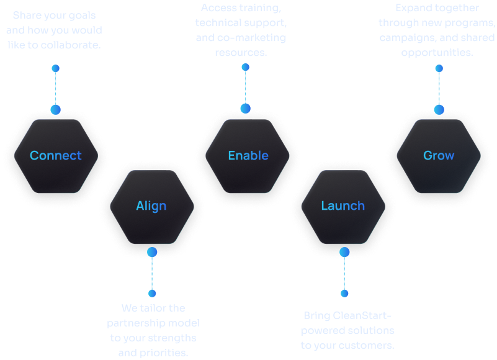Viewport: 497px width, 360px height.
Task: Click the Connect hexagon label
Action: click(x=56, y=156)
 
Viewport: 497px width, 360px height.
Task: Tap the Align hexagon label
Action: click(x=151, y=206)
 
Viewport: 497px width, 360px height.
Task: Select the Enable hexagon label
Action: click(x=248, y=156)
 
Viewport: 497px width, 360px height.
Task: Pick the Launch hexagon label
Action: click(x=343, y=206)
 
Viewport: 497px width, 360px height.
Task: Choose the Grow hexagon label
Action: click(x=439, y=156)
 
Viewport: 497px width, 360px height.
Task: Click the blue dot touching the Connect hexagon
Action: click(x=56, y=110)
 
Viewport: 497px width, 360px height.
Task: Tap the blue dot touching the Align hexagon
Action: click(x=152, y=252)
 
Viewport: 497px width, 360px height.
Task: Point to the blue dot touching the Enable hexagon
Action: click(x=245, y=109)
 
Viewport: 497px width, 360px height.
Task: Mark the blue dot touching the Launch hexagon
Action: click(x=344, y=252)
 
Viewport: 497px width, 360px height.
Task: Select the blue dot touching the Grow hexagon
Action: click(x=439, y=110)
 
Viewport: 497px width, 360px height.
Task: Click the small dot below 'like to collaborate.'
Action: click(x=56, y=68)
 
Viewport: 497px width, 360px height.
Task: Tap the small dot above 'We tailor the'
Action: click(x=152, y=293)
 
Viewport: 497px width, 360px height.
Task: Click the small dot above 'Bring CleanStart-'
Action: click(x=344, y=293)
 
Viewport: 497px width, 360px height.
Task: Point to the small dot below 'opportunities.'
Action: click(x=439, y=68)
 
